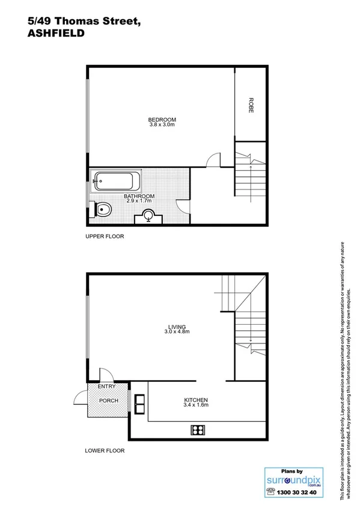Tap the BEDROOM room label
coord(162,118)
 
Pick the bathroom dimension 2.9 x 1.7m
coord(139,201)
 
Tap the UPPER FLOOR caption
coord(105,236)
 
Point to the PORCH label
coord(109,401)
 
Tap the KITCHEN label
coord(196,400)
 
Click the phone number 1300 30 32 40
coord(296,491)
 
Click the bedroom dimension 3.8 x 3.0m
coord(162,124)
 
